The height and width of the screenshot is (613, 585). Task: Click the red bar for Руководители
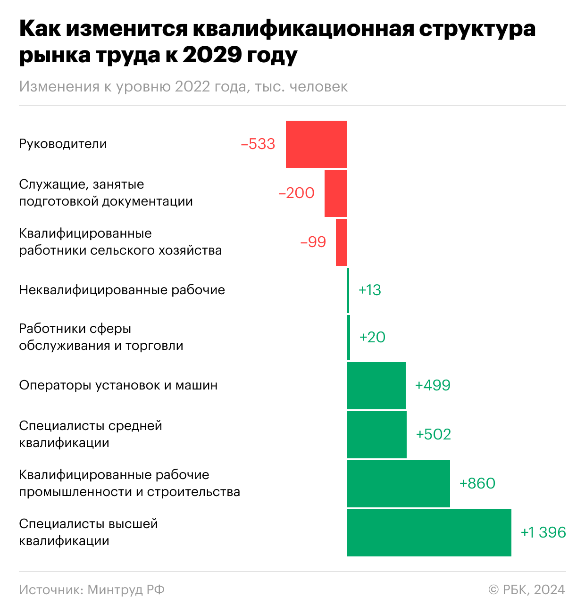pyautogui.click(x=316, y=144)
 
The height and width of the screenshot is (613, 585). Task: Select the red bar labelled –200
pyautogui.click(x=335, y=193)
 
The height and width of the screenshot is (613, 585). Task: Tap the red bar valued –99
pyautogui.click(x=341, y=242)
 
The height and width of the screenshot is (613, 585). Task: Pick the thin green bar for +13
pyautogui.click(x=348, y=290)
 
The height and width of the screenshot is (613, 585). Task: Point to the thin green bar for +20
pyautogui.click(x=349, y=338)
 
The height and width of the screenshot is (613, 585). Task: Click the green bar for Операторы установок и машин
pyautogui.click(x=376, y=386)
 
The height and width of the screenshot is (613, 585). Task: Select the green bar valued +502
pyautogui.click(x=376, y=435)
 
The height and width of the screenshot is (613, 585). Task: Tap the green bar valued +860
pyautogui.click(x=398, y=484)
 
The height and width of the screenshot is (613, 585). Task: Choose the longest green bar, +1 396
pyautogui.click(x=429, y=533)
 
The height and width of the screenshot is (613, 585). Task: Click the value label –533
pyautogui.click(x=258, y=144)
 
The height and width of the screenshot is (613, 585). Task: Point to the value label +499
pyautogui.click(x=433, y=386)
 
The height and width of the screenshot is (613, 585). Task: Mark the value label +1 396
pyautogui.click(x=543, y=533)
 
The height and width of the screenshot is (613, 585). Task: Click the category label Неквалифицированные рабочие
pyautogui.click(x=122, y=290)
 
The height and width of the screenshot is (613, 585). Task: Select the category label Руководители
pyautogui.click(x=63, y=144)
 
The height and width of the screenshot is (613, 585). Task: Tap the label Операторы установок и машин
pyautogui.click(x=118, y=385)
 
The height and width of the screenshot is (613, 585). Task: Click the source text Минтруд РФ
pyautogui.click(x=126, y=589)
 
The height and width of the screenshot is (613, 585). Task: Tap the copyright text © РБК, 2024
pyautogui.click(x=526, y=589)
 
